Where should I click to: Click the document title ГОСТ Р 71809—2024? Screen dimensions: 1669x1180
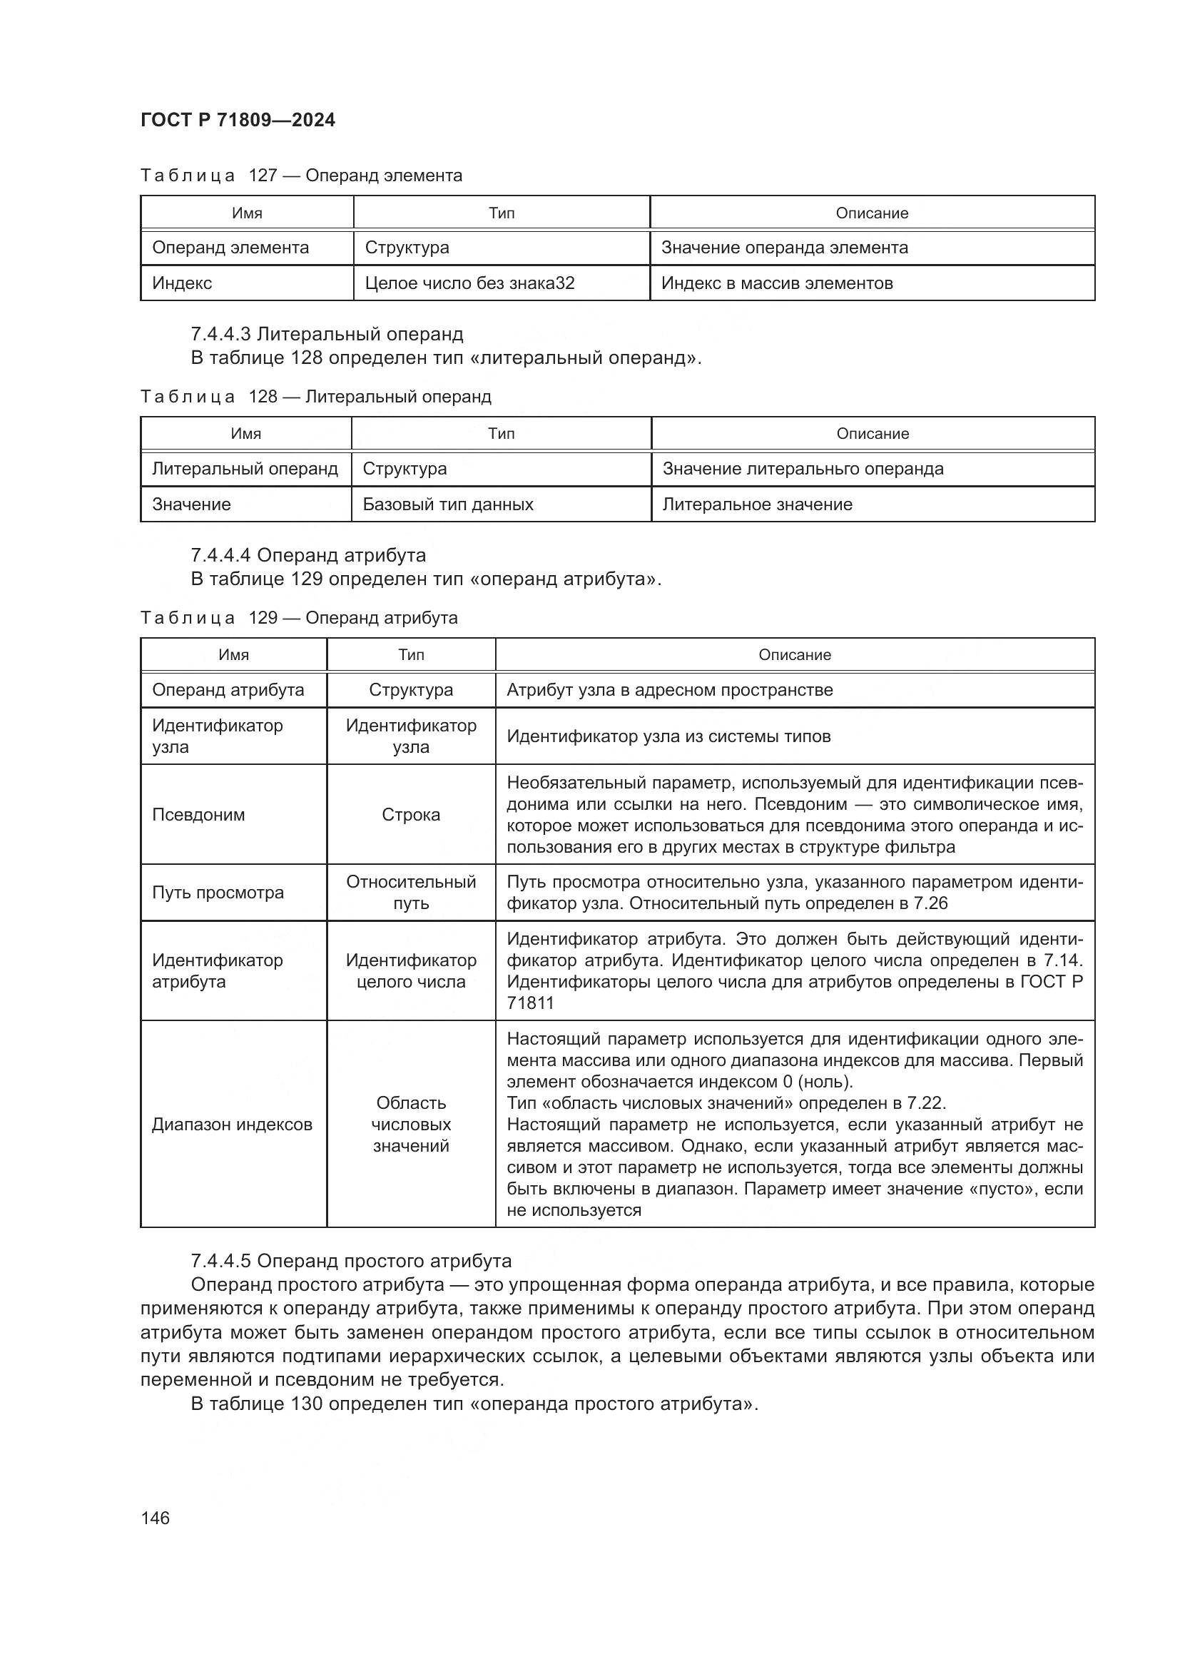238,120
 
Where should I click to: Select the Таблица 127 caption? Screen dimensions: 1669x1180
301,176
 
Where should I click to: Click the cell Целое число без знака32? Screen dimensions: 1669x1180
469,283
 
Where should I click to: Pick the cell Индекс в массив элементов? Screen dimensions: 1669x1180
776,283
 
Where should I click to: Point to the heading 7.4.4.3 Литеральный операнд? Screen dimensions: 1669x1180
327,334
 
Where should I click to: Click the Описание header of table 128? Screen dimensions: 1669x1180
872,433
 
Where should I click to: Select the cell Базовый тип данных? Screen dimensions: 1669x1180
447,504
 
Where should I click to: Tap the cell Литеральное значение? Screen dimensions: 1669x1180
756,504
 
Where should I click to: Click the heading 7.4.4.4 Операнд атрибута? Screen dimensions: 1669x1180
308,554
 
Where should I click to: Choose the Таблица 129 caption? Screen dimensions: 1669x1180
299,617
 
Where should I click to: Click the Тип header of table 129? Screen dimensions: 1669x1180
410,654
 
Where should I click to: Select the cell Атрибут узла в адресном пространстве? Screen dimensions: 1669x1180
669,689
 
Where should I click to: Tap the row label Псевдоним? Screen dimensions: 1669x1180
198,814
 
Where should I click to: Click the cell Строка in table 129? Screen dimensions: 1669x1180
410,814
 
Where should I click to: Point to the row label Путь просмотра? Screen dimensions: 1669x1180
218,892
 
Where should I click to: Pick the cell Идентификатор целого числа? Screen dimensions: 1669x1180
410,970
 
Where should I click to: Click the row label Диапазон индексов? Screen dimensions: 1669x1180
232,1124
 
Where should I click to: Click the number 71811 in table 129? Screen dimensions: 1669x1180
530,1003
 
